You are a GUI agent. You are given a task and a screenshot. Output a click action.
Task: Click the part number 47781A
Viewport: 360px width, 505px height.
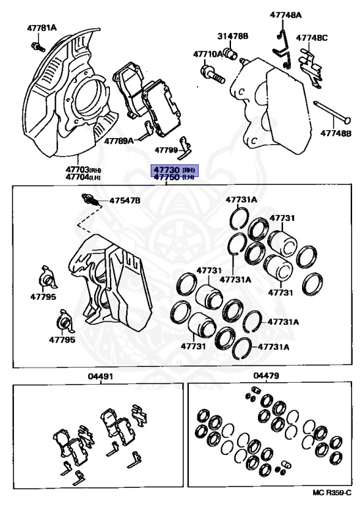[41, 28]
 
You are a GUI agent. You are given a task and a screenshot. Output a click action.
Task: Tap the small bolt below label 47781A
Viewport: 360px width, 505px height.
[38, 47]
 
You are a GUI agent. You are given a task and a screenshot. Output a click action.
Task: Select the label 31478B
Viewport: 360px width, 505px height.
[233, 36]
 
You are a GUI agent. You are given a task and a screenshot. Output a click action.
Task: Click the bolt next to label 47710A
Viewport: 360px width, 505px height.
[213, 74]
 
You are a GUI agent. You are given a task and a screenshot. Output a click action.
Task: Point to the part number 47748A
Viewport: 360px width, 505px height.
[286, 15]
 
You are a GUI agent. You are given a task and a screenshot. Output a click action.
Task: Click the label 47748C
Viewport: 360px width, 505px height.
[312, 37]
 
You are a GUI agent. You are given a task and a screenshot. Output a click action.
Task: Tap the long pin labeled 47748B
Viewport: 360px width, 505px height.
[332, 112]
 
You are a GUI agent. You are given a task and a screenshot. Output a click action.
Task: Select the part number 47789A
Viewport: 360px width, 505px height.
[119, 141]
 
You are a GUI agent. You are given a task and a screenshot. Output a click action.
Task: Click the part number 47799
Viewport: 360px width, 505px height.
[167, 150]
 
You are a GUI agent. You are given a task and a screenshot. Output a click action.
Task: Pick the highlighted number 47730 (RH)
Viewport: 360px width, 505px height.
[174, 170]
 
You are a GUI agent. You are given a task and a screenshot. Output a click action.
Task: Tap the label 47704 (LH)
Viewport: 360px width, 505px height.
[83, 177]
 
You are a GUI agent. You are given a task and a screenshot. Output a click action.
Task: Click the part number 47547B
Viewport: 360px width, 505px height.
[125, 201]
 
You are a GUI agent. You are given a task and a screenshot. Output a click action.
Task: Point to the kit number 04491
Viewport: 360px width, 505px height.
[101, 376]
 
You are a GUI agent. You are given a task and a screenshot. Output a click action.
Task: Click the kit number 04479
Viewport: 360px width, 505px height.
[266, 375]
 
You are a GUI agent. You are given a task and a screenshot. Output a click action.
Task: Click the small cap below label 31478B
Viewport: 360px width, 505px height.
[232, 53]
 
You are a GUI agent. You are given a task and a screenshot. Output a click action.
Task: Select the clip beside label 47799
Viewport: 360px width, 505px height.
[185, 148]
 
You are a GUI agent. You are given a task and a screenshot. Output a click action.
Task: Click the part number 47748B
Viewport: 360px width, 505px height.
[336, 133]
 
